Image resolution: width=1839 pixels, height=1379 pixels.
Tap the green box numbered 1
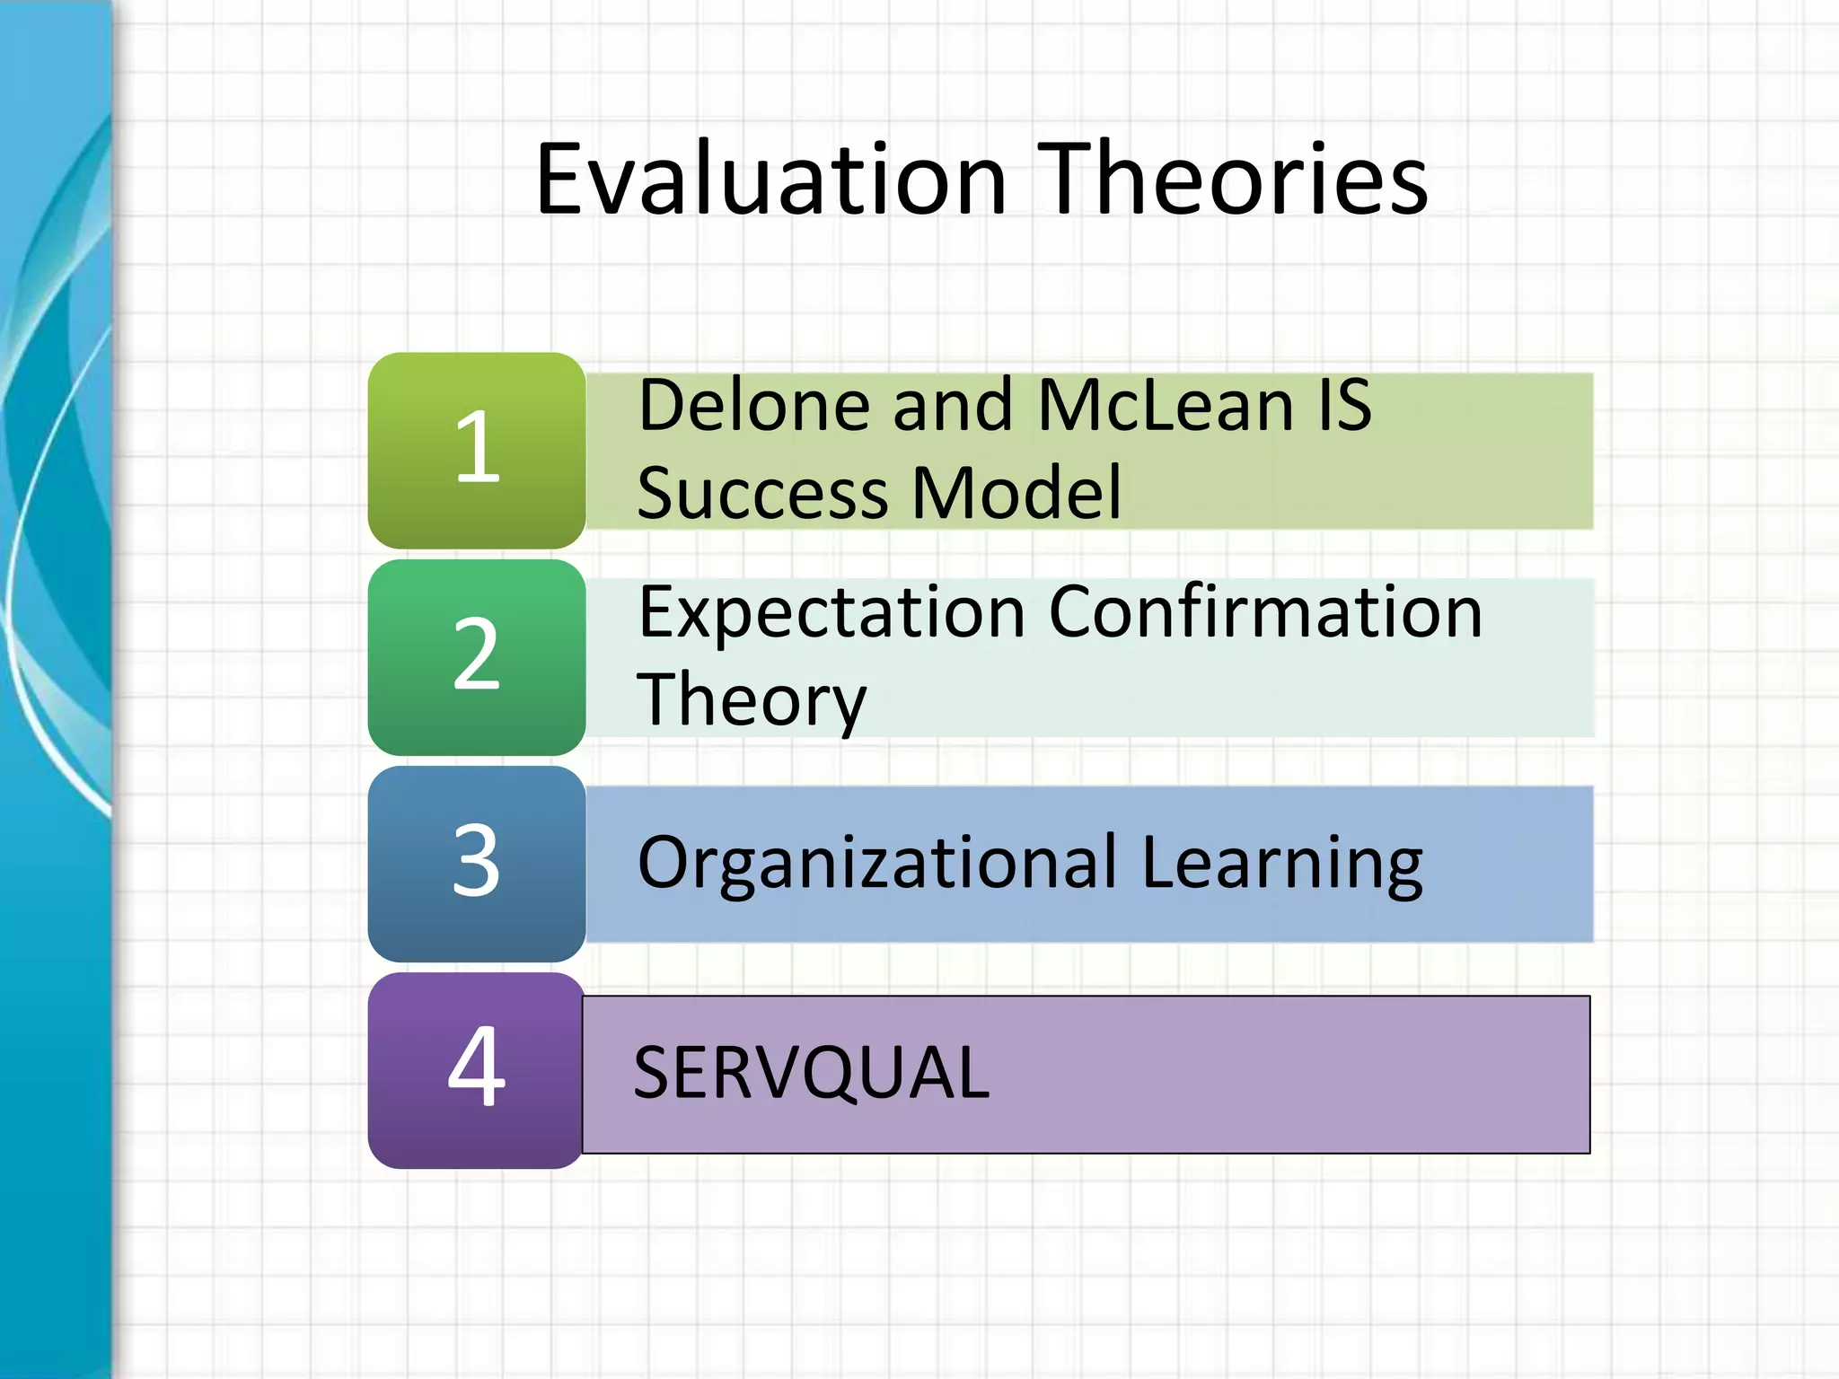pos(477,449)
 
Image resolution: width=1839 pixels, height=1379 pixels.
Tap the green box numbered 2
pos(477,656)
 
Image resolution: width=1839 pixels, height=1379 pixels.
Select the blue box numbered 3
pos(477,863)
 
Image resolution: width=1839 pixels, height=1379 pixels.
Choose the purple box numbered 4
pos(477,1069)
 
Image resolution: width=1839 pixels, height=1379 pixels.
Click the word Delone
pos(754,406)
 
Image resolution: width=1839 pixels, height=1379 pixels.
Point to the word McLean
pos(1165,406)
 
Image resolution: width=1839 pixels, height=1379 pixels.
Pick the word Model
pos(1017,494)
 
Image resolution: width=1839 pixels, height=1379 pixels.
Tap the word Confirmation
pos(1265,614)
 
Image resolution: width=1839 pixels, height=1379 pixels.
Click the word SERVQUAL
pos(811,1074)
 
